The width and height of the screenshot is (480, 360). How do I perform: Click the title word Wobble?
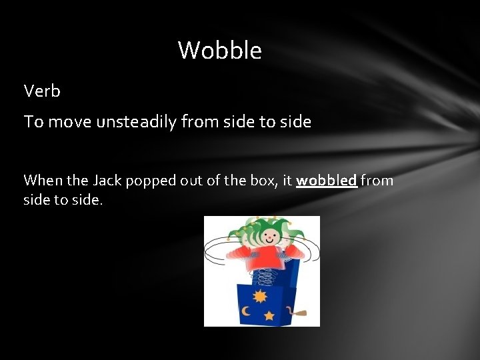click(219, 50)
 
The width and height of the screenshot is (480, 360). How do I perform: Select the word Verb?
click(42, 91)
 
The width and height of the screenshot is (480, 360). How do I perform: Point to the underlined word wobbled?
click(327, 181)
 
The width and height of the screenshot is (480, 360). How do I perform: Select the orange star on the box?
click(269, 315)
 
